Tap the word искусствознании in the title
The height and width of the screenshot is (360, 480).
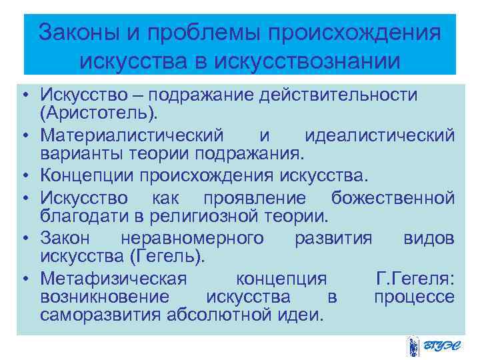(x=309, y=62)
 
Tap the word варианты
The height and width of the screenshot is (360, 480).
(x=81, y=154)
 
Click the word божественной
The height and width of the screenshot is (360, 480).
(x=393, y=198)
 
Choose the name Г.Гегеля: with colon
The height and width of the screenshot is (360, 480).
(x=416, y=278)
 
